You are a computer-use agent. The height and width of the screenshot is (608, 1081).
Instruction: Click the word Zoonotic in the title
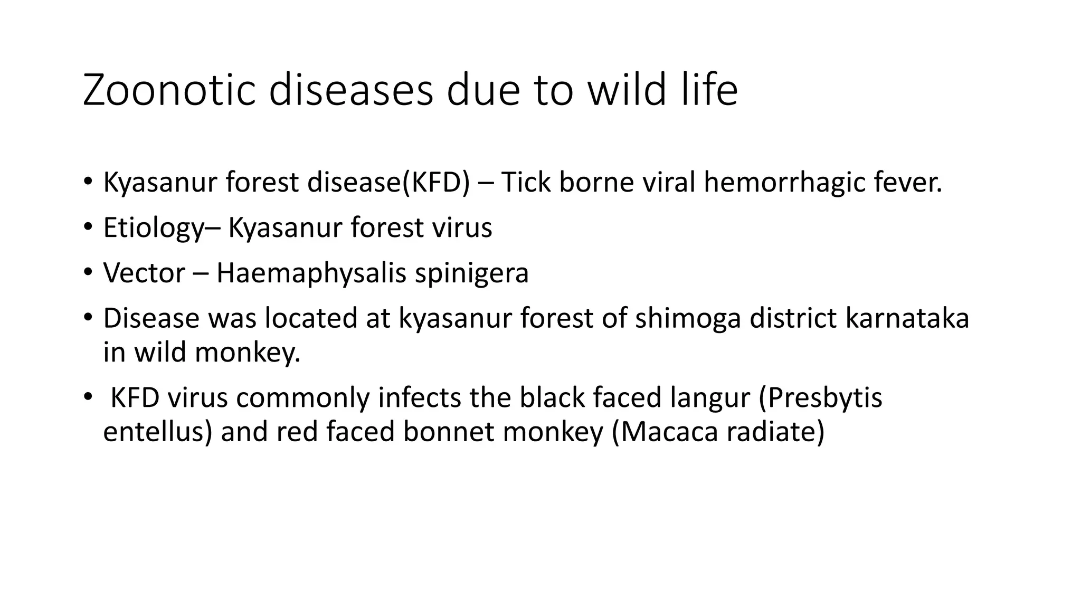point(169,90)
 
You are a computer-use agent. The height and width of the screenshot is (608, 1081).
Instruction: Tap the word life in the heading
point(708,90)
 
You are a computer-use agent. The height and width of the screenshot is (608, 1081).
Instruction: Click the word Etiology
point(153,228)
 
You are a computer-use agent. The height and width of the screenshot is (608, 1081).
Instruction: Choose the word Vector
point(144,273)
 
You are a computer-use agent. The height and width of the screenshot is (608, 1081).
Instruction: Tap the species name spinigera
point(471,273)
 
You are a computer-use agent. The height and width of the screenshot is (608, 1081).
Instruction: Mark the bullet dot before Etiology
point(88,227)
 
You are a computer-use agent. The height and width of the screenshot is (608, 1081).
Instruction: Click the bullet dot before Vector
point(88,273)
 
